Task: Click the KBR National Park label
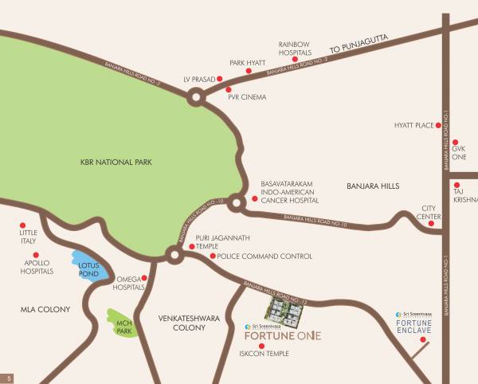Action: pos(116,163)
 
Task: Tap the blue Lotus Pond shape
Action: pos(91,267)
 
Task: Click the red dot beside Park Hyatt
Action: pos(249,71)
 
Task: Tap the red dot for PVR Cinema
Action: pos(229,89)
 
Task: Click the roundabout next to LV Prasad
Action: pos(195,99)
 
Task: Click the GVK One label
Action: pos(459,153)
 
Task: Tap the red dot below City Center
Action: pos(431,224)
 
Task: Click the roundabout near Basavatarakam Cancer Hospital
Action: pos(236,203)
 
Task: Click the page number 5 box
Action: pos(10,377)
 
